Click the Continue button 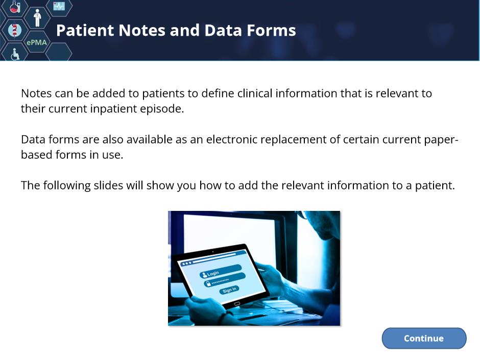pos(424,338)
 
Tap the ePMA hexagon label pos(37,42)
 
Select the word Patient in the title pos(85,30)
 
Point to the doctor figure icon pos(37,18)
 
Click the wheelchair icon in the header pos(15,55)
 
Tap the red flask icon pos(14,7)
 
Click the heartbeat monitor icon pos(59,6)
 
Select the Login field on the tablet pos(221,271)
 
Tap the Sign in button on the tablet pos(229,290)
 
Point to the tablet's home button pos(237,304)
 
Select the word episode pos(162,109)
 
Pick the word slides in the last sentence pos(107,185)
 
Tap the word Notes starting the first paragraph pos(36,93)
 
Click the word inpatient pos(113,109)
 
